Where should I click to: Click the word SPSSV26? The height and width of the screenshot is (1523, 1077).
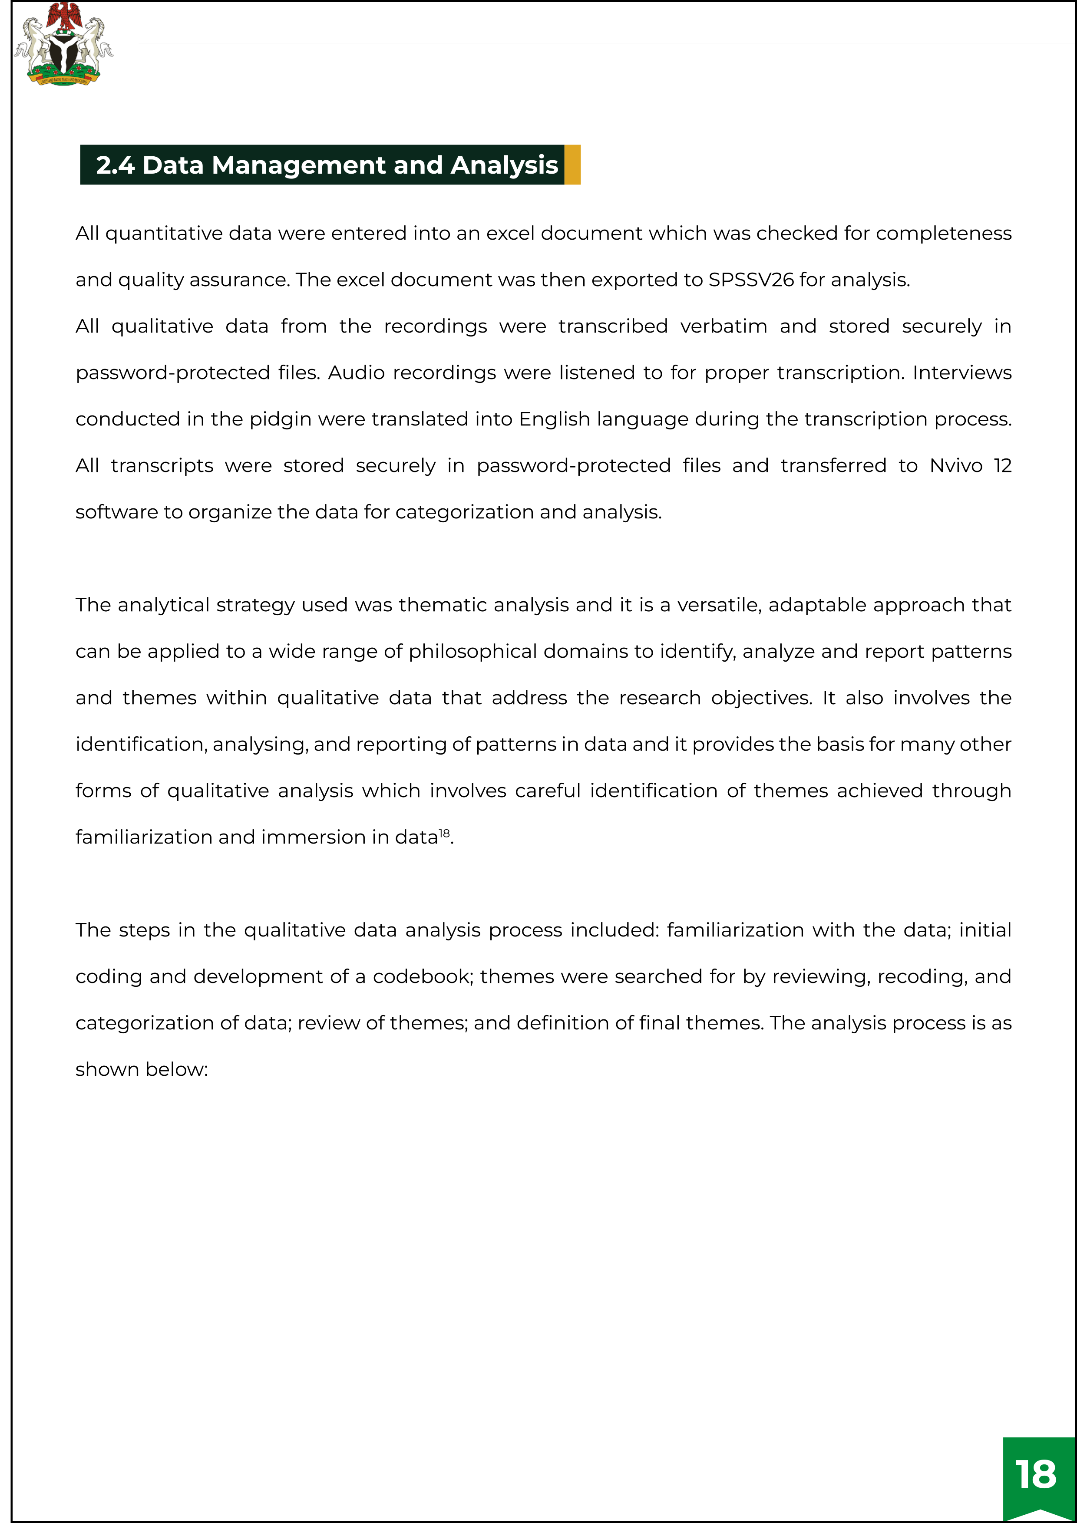[x=750, y=280]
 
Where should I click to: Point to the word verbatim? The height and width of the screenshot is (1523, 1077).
[x=724, y=326]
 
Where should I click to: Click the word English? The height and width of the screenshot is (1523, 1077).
[x=554, y=420]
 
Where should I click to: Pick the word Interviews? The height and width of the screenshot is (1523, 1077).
[x=961, y=373]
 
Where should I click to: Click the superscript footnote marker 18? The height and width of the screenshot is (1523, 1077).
[x=444, y=833]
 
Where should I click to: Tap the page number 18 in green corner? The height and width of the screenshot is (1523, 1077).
[x=1035, y=1474]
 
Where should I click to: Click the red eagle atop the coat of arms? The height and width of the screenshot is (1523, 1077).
[x=64, y=16]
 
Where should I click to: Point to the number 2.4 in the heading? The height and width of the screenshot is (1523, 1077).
[x=116, y=165]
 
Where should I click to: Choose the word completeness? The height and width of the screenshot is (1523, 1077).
[x=944, y=234]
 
